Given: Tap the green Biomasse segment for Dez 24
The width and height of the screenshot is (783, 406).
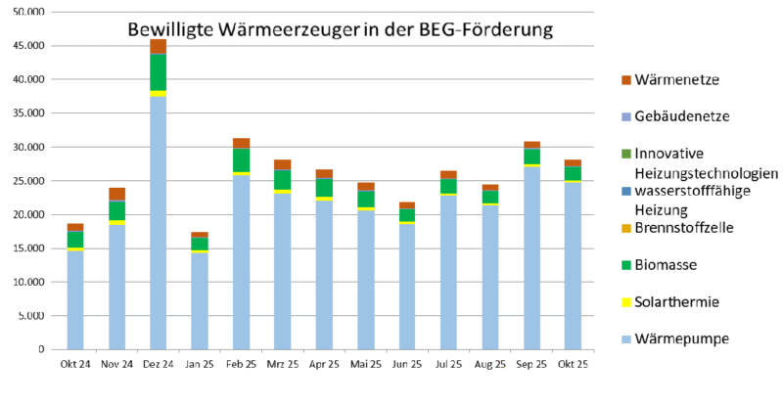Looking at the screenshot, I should pos(158,71).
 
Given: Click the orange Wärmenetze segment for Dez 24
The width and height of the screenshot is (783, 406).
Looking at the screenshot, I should pos(158,46).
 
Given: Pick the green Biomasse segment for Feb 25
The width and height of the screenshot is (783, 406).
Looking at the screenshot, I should pos(241,159).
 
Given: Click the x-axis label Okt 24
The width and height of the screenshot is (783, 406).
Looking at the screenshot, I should pos(75,364).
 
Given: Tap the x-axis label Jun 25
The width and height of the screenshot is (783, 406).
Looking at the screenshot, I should pos(407,364).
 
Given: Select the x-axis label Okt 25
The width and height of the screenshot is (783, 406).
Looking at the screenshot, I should pos(573,364).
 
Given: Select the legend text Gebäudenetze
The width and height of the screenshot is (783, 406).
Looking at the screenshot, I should pos(681,116).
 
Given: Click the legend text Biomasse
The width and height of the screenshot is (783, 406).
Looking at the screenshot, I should pos(669,265).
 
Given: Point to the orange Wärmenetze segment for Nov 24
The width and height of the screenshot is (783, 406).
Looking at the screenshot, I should pos(116,194).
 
